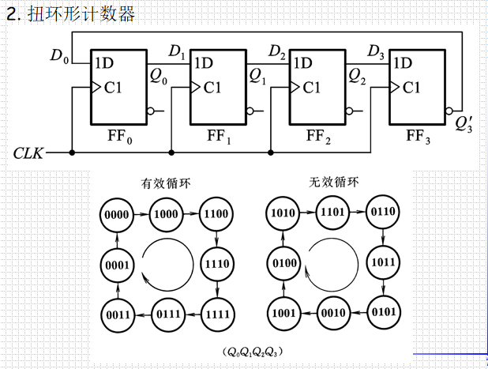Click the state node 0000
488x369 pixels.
[x=118, y=214]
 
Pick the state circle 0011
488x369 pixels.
[x=118, y=314]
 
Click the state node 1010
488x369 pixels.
[x=283, y=213]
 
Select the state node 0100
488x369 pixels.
[x=283, y=262]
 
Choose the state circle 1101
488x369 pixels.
[x=332, y=212]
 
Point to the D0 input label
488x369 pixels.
[x=59, y=55]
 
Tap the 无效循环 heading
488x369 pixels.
[x=333, y=182]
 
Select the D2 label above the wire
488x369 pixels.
[x=277, y=52]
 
